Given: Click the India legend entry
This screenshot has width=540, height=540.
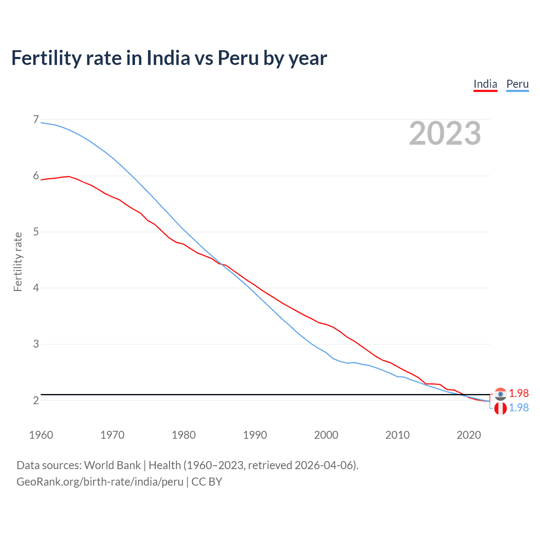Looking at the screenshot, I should click(485, 84).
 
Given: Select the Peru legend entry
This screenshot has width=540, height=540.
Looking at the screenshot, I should click(517, 84).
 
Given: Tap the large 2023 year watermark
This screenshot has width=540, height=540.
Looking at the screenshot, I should click(445, 133).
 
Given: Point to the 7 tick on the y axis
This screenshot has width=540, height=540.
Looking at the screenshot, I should click(36, 120).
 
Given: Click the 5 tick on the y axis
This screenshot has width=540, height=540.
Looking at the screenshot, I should click(36, 232).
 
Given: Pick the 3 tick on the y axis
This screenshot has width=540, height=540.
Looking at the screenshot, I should click(36, 344).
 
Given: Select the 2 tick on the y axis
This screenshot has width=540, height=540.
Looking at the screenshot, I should click(36, 400).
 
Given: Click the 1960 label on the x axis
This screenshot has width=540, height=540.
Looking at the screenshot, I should click(41, 435).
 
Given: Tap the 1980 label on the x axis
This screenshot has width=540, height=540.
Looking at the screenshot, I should click(184, 435).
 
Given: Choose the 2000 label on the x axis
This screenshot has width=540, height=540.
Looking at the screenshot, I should click(326, 435).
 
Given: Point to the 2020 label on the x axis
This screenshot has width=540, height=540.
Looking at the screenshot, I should click(469, 435).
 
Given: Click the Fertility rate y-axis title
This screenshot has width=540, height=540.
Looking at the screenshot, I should click(18, 262).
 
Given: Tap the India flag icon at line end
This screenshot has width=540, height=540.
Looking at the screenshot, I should click(500, 394).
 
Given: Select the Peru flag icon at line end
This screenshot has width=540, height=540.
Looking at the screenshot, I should click(500, 408).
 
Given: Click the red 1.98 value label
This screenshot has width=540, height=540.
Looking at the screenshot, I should click(518, 393).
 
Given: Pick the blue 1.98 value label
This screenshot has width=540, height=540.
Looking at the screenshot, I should click(518, 408).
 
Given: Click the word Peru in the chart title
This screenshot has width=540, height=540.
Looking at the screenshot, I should click(238, 58).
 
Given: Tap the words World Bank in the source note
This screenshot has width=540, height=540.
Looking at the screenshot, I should click(112, 465).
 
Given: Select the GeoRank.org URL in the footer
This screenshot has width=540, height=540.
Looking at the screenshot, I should click(100, 482).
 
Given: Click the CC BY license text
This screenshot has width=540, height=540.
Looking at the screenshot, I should click(207, 482).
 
